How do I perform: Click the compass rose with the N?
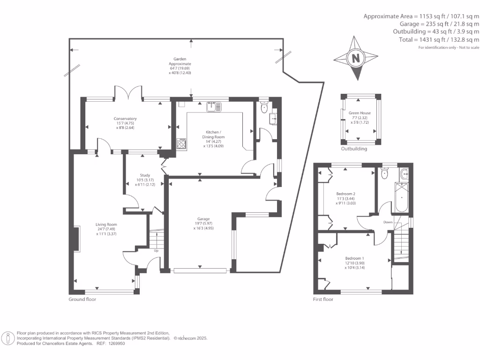[355, 59]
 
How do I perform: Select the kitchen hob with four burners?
[181, 143]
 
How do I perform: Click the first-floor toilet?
[385, 174]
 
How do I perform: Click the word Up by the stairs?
[156, 250]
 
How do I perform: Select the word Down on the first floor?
[388, 222]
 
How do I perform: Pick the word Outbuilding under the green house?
[354, 149]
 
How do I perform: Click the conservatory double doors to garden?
[128, 92]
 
